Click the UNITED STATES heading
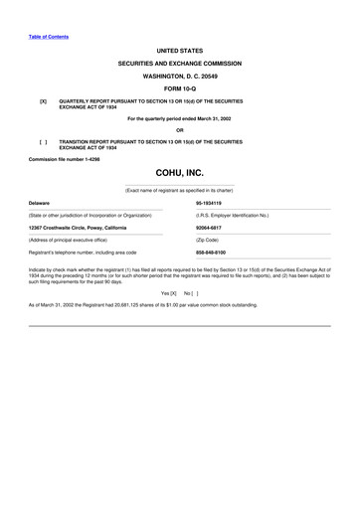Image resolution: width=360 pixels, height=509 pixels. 179,49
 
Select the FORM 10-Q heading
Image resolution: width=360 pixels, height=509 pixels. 179,87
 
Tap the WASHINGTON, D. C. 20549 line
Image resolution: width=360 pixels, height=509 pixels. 179,75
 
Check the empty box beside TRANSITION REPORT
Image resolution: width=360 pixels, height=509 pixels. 43,142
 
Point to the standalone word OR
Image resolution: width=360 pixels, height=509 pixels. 179,130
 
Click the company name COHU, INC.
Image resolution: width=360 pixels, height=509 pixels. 179,173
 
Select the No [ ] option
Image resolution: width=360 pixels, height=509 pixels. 191,293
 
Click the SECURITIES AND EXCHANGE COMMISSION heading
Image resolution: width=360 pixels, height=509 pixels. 179,62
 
